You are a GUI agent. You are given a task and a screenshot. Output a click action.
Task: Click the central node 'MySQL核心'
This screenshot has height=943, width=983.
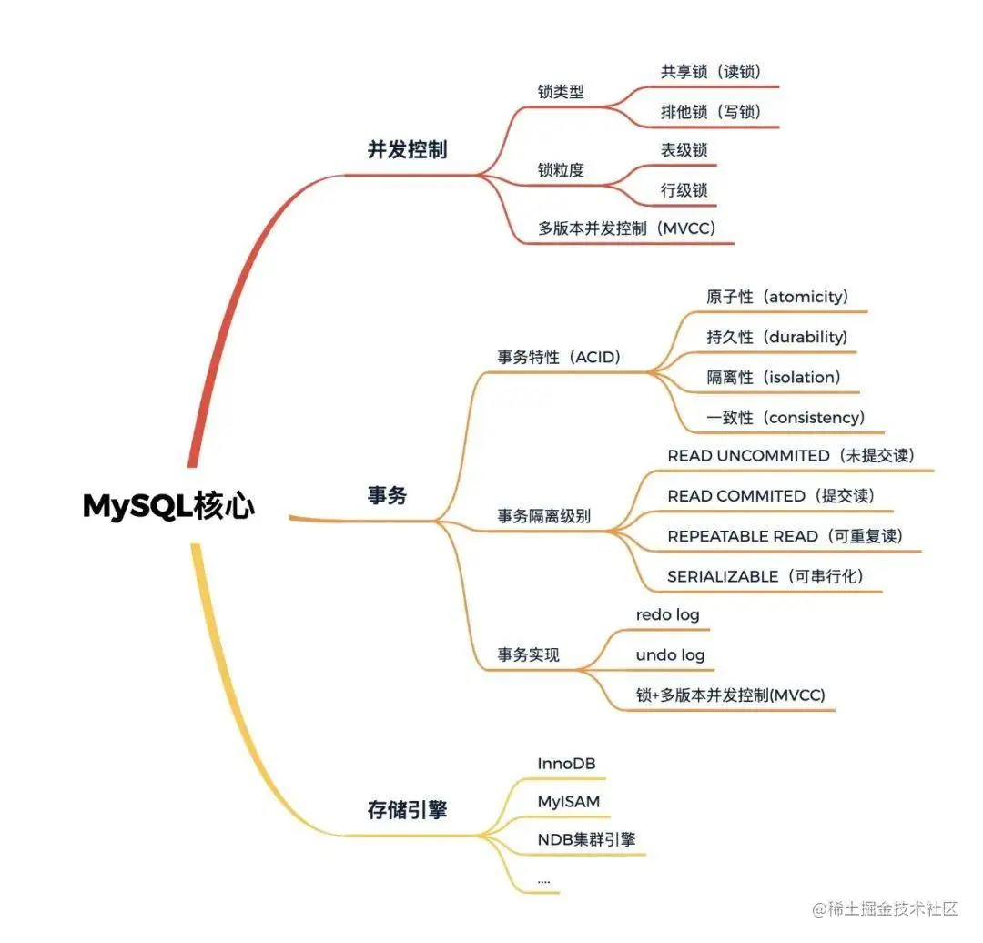coord(169,506)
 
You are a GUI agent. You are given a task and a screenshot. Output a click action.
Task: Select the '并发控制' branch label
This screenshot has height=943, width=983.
coord(407,150)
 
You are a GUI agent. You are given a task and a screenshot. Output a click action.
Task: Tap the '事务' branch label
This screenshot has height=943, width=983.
coord(387,496)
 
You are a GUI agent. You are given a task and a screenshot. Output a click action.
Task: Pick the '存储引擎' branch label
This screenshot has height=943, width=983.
coord(407,809)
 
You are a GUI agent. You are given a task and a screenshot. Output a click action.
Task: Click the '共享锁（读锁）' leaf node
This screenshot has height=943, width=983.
coord(710,71)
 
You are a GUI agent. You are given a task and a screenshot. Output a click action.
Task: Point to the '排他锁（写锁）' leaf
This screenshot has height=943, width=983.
coord(710,111)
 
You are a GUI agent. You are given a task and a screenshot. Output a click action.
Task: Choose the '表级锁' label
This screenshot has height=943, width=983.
coord(684,150)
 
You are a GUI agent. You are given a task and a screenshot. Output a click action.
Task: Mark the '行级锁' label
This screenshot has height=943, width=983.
coord(684,190)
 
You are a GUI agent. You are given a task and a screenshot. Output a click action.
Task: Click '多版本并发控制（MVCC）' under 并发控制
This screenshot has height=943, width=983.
coord(627,228)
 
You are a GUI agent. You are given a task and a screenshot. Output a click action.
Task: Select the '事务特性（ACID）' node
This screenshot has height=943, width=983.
coord(559,357)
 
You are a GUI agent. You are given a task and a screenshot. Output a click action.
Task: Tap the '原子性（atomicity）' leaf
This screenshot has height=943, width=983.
coord(777,297)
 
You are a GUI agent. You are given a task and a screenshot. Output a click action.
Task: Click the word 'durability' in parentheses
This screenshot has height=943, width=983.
coord(806,337)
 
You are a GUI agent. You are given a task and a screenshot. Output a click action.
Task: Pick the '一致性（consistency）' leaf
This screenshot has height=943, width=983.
coord(785,417)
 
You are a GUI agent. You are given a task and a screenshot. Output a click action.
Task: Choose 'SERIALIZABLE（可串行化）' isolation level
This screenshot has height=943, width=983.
coord(765,576)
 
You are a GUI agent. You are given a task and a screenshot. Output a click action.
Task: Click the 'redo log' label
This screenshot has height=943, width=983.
coord(667,614)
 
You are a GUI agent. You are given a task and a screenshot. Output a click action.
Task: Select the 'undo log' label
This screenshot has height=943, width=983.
coord(670,654)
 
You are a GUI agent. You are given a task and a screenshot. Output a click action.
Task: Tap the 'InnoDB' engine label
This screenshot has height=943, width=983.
coord(566,763)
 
